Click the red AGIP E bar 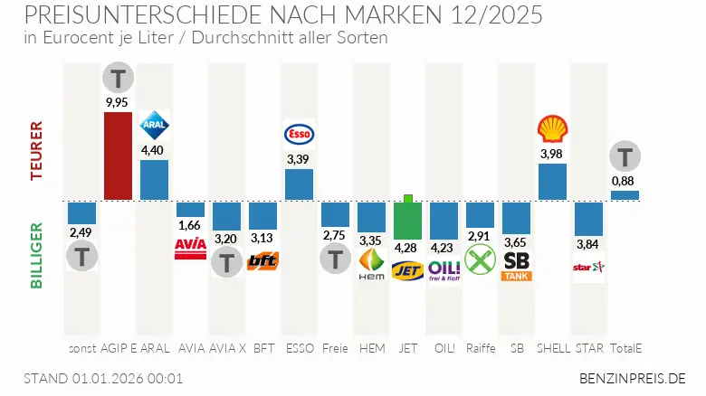[118, 156]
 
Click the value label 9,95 [118, 101]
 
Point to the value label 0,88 [625, 180]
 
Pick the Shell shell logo [552, 130]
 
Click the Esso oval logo [299, 135]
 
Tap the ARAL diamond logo [154, 127]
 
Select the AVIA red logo [190, 249]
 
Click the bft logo [262, 261]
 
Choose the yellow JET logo [407, 269]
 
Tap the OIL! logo [444, 269]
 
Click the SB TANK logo [516, 266]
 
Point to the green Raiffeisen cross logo [480, 260]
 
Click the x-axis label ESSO [299, 348]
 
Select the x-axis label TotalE [625, 348]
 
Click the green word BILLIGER [37, 255]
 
